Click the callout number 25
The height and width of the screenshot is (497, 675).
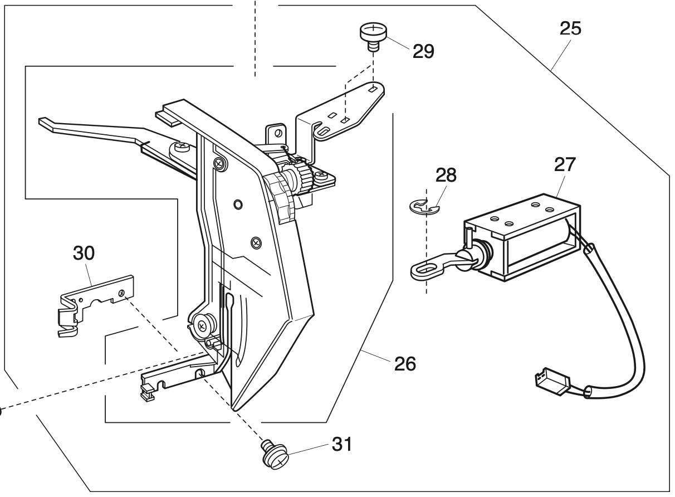tap(570, 30)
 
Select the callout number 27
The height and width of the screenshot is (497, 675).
tap(565, 166)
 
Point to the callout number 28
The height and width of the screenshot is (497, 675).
tap(447, 176)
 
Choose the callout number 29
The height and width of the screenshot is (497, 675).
tap(423, 51)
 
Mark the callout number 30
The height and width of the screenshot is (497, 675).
tap(83, 254)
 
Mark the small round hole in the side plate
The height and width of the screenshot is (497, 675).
tap(238, 205)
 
